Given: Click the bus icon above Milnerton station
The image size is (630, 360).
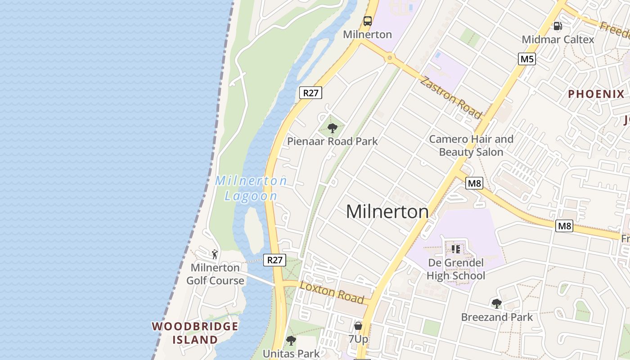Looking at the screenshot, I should tap(368, 21).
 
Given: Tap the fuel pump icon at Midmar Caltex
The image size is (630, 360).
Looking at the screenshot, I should tap(558, 26).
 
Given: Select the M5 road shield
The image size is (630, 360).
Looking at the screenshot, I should tap(526, 58).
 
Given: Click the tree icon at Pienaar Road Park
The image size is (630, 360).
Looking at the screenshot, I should tap(333, 128).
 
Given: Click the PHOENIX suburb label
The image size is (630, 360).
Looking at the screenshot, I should tap(596, 94).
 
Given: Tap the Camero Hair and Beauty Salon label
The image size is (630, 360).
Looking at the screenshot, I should tap(471, 145).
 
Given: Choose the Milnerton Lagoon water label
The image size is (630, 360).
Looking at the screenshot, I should tap(251, 188).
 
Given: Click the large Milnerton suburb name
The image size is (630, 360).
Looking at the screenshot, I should tap(387, 211).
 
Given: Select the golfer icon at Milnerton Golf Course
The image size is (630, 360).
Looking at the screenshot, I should tap(215, 254).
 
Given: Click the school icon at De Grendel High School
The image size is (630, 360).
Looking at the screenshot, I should tap(455, 249).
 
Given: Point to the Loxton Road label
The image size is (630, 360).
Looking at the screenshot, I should tap(332, 292).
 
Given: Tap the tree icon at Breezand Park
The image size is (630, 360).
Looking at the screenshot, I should tap(497, 304).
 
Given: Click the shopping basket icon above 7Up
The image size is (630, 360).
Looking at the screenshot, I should tap(358, 325).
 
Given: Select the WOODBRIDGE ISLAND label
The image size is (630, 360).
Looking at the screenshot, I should tap(195, 333).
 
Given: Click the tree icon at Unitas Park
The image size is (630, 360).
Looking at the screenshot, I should tap(291, 341).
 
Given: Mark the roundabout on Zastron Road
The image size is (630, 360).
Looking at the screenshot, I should tap(390, 58).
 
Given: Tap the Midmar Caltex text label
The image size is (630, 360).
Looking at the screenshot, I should tap(558, 40).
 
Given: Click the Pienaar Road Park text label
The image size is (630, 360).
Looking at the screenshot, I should tap(333, 141).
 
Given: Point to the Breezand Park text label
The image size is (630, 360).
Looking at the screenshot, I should tap(497, 317).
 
